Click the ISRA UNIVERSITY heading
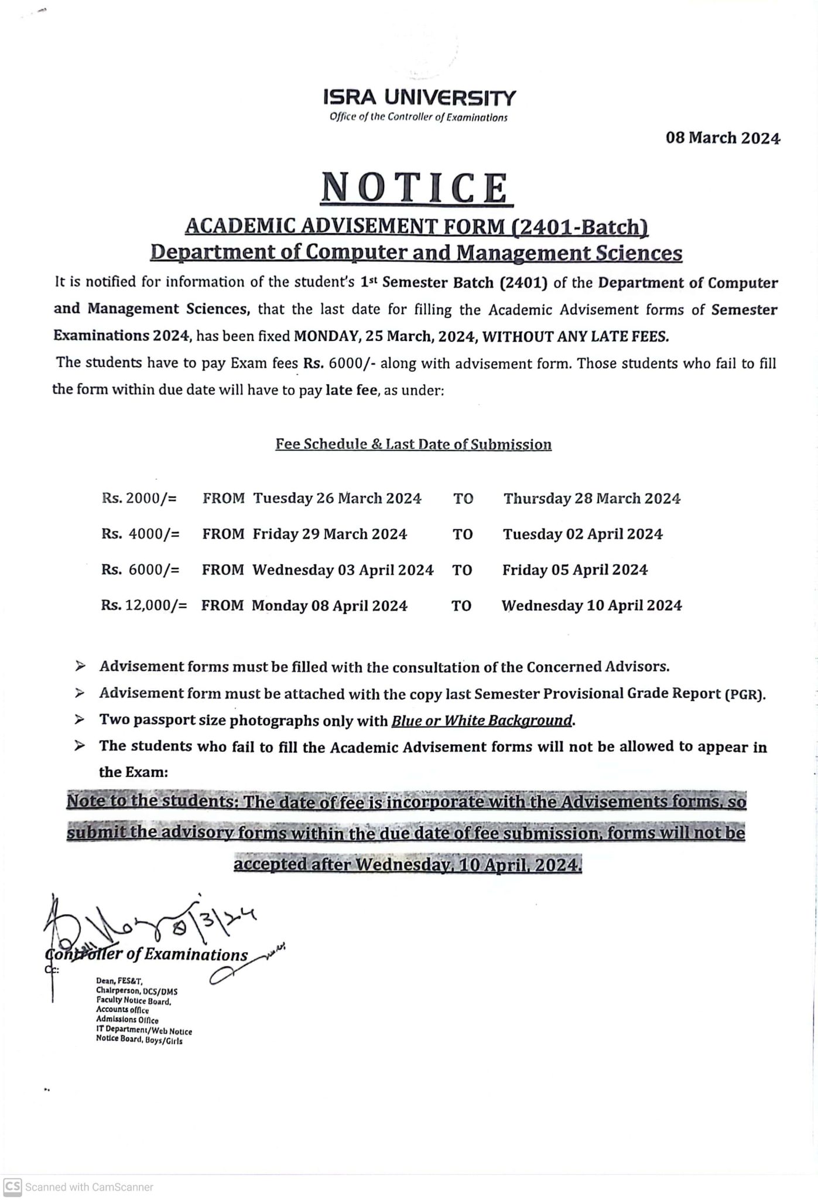pyautogui.click(x=419, y=97)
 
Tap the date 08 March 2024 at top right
pyautogui.click(x=723, y=138)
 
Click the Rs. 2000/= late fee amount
pyautogui.click(x=139, y=499)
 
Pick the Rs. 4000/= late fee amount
pyautogui.click(x=141, y=534)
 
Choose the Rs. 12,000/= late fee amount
pyautogui.click(x=144, y=605)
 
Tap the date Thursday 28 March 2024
pyautogui.click(x=592, y=499)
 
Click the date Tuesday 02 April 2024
pyautogui.click(x=583, y=534)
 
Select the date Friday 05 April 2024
pyautogui.click(x=575, y=570)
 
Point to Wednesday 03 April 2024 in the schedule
pyautogui.click(x=343, y=570)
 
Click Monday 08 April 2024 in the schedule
pyautogui.click(x=330, y=605)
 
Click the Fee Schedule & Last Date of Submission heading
pyautogui.click(x=413, y=444)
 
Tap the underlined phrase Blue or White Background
pyautogui.click(x=482, y=720)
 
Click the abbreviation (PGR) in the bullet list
pyautogui.click(x=745, y=695)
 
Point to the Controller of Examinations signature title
pyautogui.click(x=146, y=954)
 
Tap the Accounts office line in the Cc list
pyautogui.click(x=122, y=1010)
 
